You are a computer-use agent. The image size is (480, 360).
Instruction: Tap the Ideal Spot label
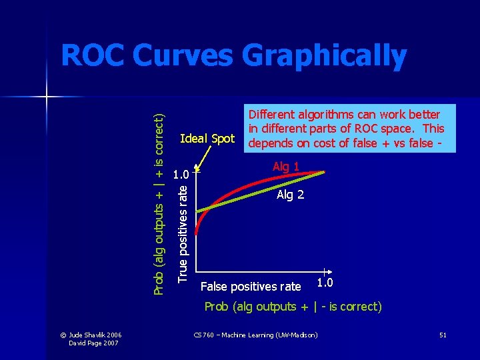[207, 139]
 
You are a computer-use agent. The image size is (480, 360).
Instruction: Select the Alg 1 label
[286, 167]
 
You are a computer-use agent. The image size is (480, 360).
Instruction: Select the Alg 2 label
[291, 195]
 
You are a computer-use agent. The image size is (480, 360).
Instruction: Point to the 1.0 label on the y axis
[181, 176]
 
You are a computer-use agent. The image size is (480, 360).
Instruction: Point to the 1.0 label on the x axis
[325, 283]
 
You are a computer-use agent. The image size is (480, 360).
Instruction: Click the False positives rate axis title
[251, 287]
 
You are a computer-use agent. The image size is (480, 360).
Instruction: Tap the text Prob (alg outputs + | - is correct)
[293, 307]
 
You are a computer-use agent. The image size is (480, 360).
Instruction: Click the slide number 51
[443, 334]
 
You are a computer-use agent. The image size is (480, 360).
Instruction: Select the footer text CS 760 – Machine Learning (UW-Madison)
[255, 334]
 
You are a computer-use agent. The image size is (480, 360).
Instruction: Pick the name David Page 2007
[93, 343]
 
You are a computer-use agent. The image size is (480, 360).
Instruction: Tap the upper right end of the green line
[324, 172]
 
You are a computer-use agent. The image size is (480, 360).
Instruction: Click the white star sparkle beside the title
[47, 97]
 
